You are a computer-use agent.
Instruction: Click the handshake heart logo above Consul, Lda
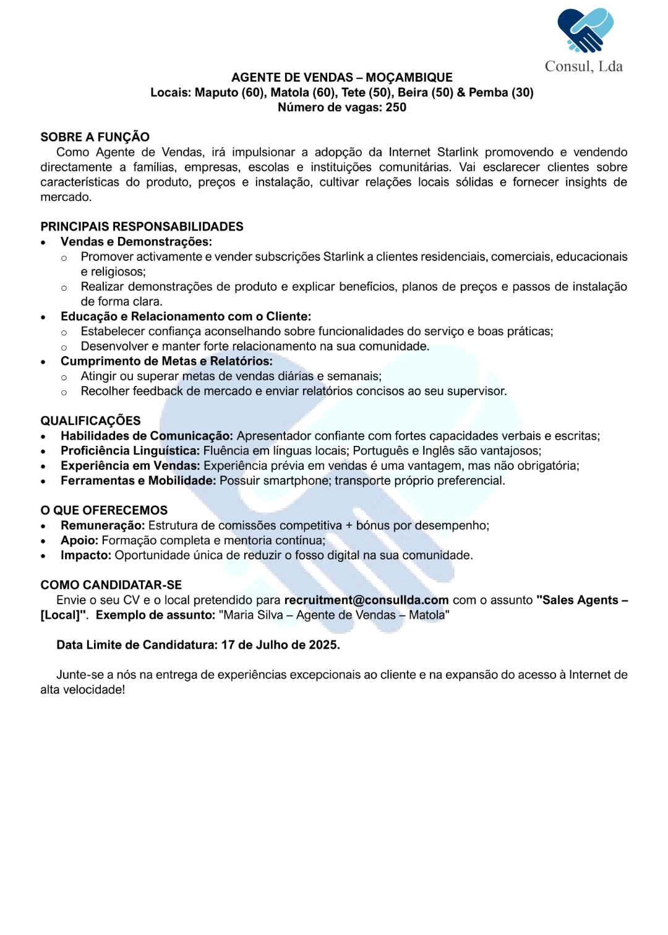click(x=585, y=30)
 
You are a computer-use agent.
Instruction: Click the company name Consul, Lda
click(x=583, y=67)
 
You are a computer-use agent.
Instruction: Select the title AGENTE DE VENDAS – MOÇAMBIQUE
click(x=341, y=77)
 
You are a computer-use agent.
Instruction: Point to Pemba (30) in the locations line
click(x=500, y=93)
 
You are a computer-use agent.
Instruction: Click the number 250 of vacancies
click(x=396, y=108)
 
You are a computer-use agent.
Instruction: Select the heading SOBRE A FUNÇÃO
click(x=95, y=137)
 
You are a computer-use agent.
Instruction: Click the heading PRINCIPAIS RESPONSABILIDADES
click(x=142, y=227)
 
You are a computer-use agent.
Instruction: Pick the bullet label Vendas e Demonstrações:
click(x=136, y=242)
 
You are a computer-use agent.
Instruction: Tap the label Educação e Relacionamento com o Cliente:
click(x=186, y=317)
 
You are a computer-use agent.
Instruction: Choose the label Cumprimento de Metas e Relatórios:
click(x=166, y=361)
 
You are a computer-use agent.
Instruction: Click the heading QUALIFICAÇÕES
click(x=90, y=421)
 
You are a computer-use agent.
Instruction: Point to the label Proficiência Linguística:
click(x=130, y=451)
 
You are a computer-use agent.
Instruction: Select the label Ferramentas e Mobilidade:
click(x=138, y=480)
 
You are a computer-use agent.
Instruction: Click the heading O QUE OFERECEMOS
click(x=104, y=511)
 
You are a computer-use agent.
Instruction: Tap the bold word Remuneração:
click(x=103, y=526)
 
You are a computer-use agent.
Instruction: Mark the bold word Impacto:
click(x=86, y=555)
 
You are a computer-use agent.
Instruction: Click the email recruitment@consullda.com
click(x=366, y=600)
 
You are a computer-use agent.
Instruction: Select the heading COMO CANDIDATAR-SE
click(x=111, y=585)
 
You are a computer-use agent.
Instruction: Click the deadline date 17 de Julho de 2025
click(x=280, y=645)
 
